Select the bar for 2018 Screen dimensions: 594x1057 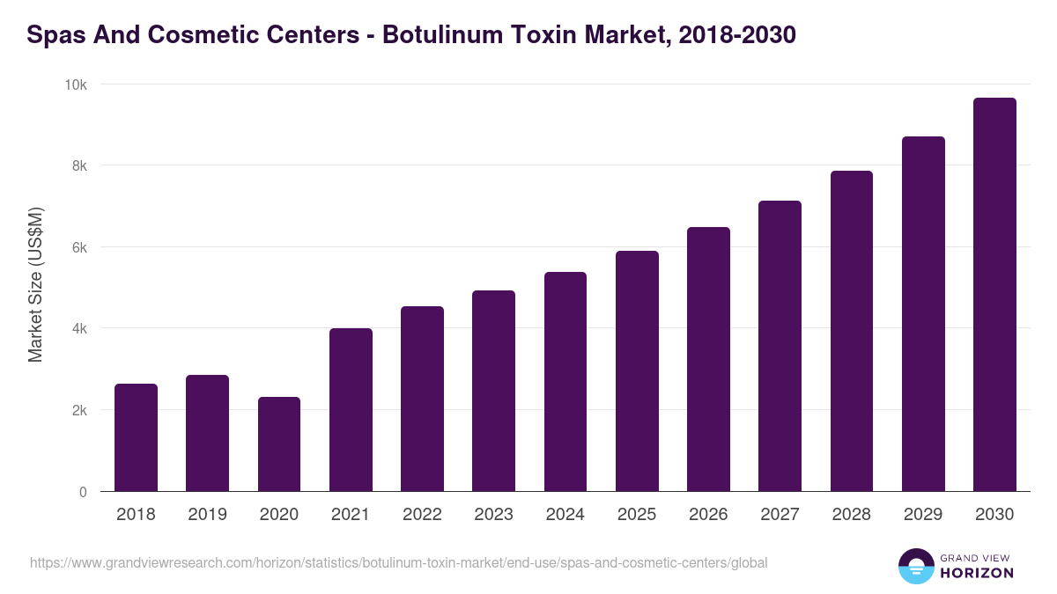point(136,437)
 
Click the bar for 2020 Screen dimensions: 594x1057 point(279,444)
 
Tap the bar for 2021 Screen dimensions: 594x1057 point(351,410)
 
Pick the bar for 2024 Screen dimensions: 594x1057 point(565,382)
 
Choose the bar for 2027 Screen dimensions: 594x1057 point(780,346)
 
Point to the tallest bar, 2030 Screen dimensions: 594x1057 point(994,295)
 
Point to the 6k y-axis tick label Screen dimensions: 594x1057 point(79,247)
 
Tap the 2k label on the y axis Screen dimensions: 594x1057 point(79,411)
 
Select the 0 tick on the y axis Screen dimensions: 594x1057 point(83,492)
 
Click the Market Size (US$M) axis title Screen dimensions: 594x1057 point(36,284)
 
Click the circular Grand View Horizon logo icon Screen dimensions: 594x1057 point(915,566)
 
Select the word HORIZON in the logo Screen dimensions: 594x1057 point(977,573)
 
